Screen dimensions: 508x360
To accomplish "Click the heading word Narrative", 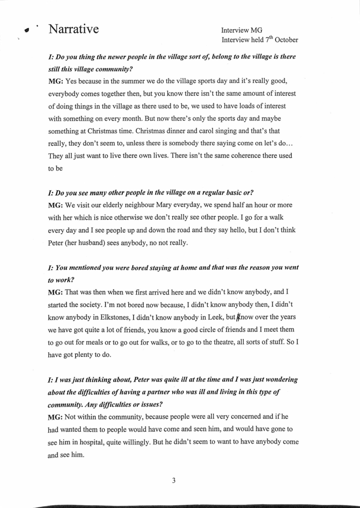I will point(74,29).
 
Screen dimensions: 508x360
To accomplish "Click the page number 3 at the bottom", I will point(174,481).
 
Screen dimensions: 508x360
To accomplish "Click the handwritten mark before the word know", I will point(238,318).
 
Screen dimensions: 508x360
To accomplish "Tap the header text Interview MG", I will point(242,30).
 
